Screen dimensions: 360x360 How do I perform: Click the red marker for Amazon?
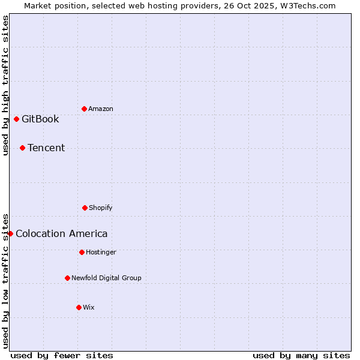84,109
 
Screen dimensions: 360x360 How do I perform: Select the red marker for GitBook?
16,119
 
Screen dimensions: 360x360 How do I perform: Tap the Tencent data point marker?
22,148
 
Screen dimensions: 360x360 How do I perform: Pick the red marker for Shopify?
85,208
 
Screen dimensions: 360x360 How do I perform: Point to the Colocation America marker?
10,233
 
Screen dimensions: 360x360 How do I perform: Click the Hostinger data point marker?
82,252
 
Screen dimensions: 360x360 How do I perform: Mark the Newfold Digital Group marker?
67,278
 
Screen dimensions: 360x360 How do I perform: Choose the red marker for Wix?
79,307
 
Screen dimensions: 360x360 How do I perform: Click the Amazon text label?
101,109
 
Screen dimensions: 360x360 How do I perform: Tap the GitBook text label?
40,119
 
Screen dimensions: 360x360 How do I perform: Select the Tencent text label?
46,148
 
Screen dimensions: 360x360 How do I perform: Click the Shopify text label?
101,208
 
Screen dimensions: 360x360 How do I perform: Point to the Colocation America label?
62,233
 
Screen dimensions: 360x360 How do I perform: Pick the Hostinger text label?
101,252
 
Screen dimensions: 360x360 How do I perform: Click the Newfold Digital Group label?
107,278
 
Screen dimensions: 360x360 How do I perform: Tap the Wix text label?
89,307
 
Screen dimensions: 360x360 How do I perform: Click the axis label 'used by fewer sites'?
62,355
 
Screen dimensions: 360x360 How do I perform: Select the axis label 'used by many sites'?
301,355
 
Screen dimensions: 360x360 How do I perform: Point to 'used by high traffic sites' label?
5,85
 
